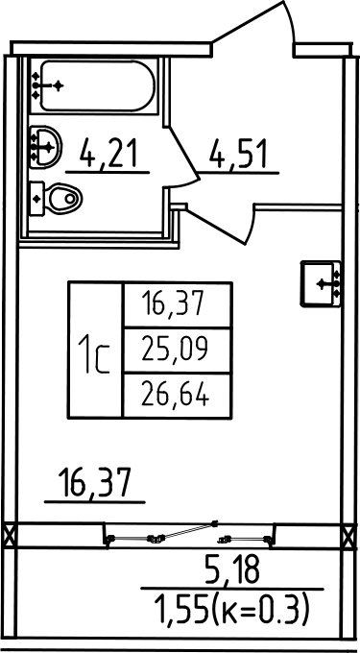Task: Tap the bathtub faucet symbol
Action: (46, 85)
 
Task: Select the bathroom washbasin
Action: (45, 147)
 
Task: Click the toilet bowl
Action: (63, 199)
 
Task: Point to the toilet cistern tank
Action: (37, 199)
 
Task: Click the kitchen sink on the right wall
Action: (321, 283)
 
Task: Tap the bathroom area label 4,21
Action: (109, 153)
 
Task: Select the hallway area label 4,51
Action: (238, 153)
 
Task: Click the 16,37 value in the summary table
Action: (173, 303)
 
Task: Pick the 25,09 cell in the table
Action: (174, 349)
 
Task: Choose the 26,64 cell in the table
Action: (175, 395)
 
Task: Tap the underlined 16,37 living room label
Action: (95, 483)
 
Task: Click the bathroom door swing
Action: (183, 158)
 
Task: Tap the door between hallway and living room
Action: (220, 225)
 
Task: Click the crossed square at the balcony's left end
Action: (10, 535)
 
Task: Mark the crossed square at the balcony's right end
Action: (348, 536)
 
